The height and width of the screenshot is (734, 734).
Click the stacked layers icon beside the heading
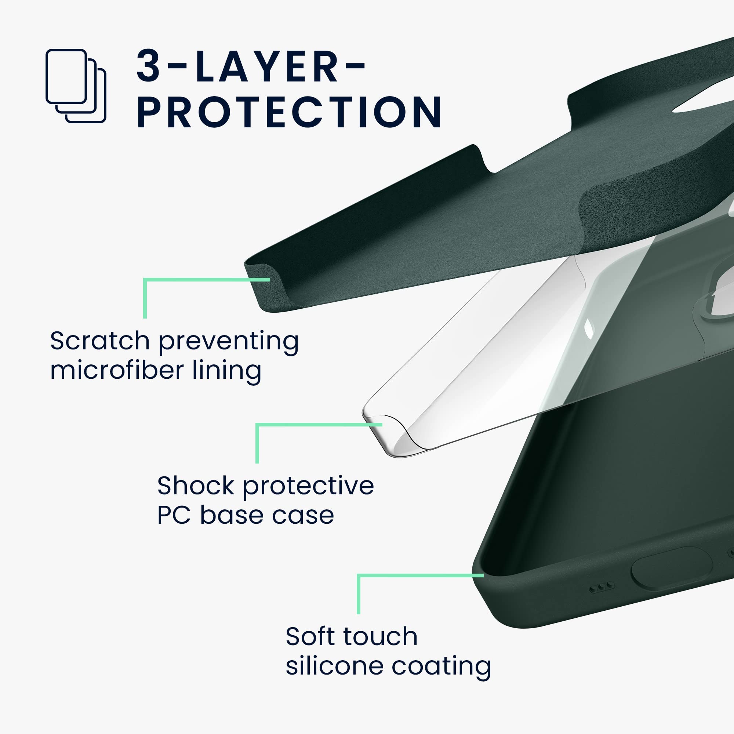(76, 86)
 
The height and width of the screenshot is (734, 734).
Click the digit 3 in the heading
(148, 66)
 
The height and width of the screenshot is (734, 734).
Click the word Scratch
(100, 341)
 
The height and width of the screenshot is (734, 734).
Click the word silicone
(334, 666)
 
